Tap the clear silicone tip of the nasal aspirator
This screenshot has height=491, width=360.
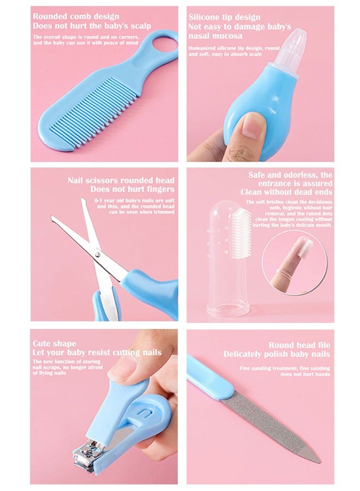294,41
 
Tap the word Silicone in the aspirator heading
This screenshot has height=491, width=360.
206,17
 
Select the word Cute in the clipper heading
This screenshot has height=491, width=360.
43,344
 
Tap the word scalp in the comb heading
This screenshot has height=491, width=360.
139,26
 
